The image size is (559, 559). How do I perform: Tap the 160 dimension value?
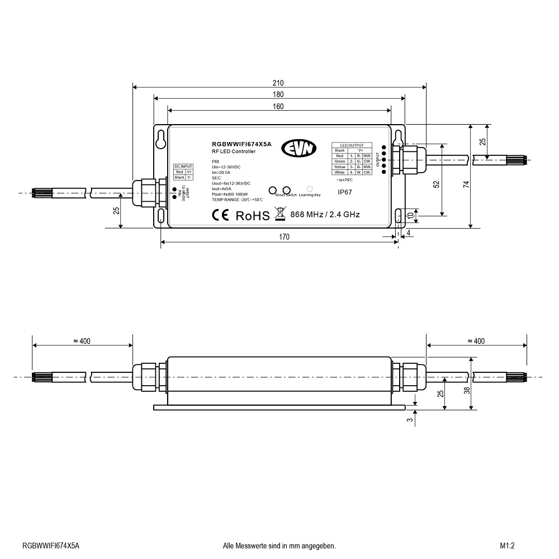pos(278,106)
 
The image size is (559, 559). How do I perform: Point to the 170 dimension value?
pos(284,237)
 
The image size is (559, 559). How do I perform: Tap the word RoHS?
pos(252,215)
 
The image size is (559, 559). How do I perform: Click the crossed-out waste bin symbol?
pos(280,214)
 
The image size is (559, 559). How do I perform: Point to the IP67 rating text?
pos(345,192)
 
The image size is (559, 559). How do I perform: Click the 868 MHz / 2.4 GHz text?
pos(325,214)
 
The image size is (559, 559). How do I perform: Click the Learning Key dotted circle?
pos(309,189)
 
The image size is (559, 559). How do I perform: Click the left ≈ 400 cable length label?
pos(82,341)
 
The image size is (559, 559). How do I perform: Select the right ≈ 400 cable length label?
pos(476,341)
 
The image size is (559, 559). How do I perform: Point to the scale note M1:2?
pos(507,546)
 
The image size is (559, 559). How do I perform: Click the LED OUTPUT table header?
pos(352,145)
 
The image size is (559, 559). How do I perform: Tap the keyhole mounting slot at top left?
pos(161,139)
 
